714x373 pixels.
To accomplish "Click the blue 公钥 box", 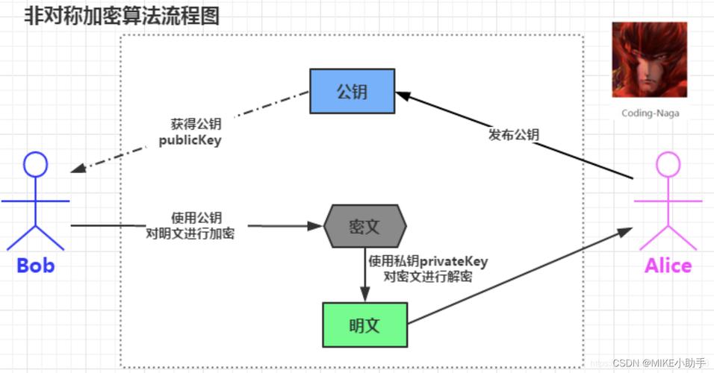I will pos(353,91).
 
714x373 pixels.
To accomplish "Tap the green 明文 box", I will pos(364,326).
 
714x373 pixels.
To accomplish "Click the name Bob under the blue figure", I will pos(36,266).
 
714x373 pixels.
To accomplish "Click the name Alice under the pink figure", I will pos(668,266).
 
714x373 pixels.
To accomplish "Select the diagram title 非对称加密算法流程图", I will pos(122,16).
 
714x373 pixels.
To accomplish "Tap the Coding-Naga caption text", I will pos(650,113).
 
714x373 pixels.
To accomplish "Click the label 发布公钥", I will pos(514,135).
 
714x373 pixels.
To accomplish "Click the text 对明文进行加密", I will pos(190,233).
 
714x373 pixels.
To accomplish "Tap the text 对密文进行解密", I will pos(427,276).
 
